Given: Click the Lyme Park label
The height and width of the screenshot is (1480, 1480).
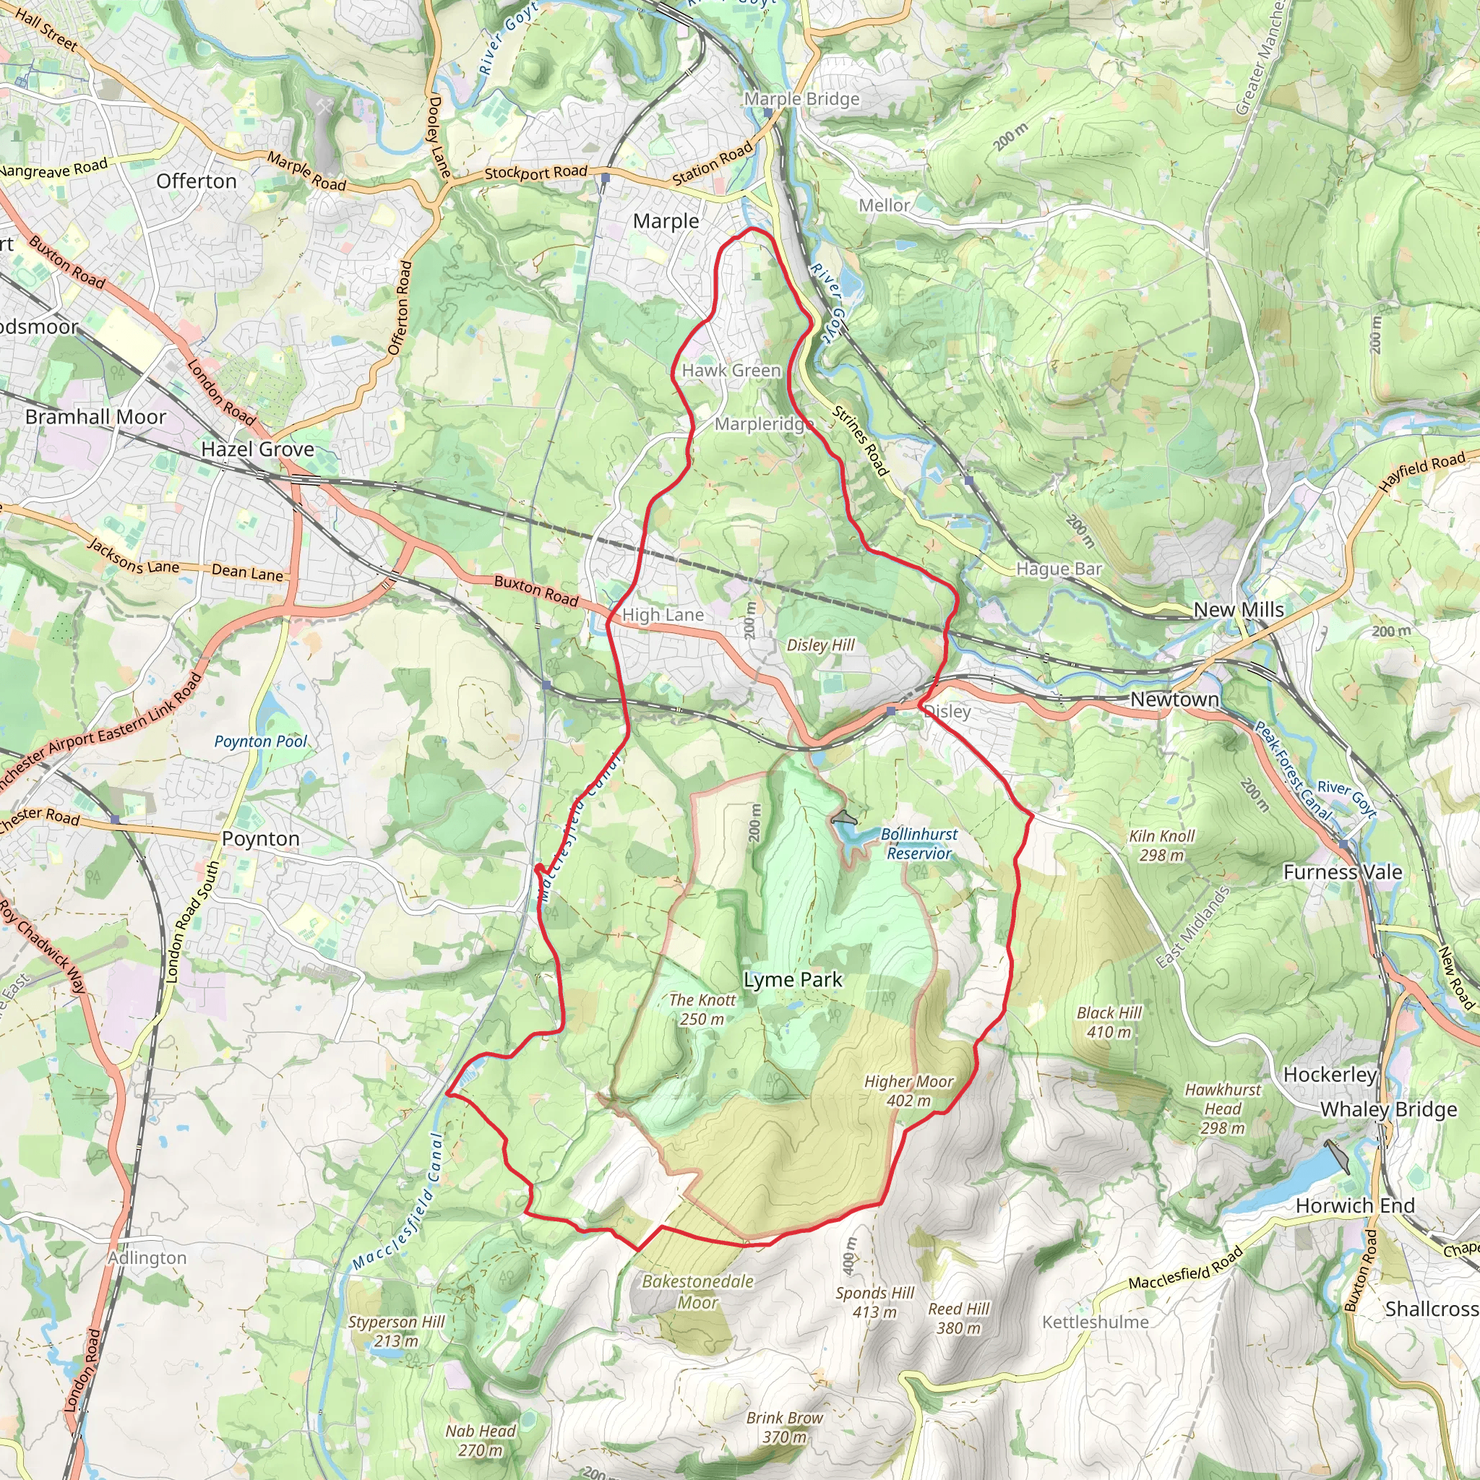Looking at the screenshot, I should point(792,980).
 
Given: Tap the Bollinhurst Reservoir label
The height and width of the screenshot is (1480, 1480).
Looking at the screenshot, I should point(918,843).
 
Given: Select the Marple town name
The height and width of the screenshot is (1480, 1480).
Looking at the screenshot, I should point(666,221).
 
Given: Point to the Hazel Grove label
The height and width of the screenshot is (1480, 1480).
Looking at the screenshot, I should point(257,449).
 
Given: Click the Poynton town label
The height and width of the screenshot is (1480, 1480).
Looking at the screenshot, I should point(260,838).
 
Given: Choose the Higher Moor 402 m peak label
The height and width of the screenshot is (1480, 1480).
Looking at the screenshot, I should point(908,1090).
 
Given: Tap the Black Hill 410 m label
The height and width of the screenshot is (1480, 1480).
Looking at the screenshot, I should point(1109,1022).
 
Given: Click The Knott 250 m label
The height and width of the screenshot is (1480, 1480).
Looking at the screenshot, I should point(702,1009).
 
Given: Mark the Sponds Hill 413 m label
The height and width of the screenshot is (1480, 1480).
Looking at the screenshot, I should point(875,1302).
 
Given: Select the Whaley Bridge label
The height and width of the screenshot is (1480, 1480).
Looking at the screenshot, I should point(1388,1109).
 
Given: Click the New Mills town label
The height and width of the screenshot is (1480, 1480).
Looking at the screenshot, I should point(1239,610).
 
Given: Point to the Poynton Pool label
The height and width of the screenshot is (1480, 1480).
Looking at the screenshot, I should point(260,741).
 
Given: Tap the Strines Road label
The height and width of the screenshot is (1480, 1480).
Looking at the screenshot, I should point(861,442).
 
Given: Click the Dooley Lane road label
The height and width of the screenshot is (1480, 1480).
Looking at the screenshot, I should point(438,137).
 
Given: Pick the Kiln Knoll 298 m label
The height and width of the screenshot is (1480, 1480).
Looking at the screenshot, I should point(1161,845).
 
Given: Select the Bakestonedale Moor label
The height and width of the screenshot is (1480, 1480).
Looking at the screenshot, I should point(697,1291).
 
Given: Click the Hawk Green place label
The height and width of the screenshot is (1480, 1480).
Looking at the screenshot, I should point(731,371).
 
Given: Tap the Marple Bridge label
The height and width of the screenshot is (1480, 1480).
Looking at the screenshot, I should point(801,99).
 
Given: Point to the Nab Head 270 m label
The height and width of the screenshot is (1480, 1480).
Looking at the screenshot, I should point(481,1440).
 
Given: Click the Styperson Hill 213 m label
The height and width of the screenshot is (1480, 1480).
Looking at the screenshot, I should point(396,1330).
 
